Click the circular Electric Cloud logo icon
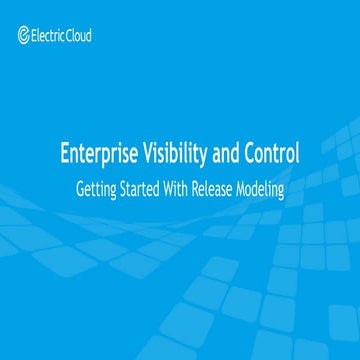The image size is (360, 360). [x=24, y=37]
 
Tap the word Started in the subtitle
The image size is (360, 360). [x=148, y=188]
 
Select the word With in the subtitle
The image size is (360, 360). [x=190, y=188]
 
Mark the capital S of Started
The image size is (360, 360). [x=127, y=188]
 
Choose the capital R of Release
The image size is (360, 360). [x=209, y=188]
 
